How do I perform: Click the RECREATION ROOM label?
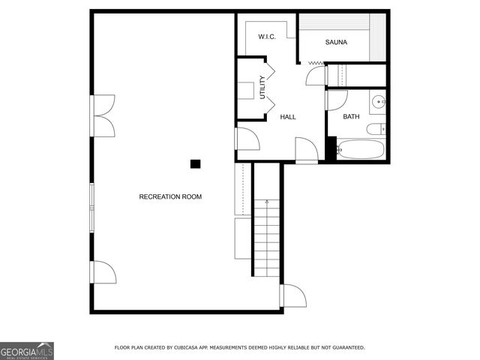click(170, 196)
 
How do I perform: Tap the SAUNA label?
click(336, 43)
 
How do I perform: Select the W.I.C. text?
click(268, 37)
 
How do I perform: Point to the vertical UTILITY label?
click(262, 88)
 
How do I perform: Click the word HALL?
click(288, 117)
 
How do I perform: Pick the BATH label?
click(351, 117)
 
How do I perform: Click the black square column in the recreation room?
click(195, 163)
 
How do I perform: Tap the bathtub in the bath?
click(361, 148)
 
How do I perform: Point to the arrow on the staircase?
click(267, 202)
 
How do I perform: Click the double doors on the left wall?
click(103, 116)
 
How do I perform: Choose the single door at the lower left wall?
click(103, 272)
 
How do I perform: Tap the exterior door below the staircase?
click(293, 296)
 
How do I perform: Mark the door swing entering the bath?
click(336, 100)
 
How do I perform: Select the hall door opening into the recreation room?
click(247, 139)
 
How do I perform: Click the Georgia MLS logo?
click(27, 350)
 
